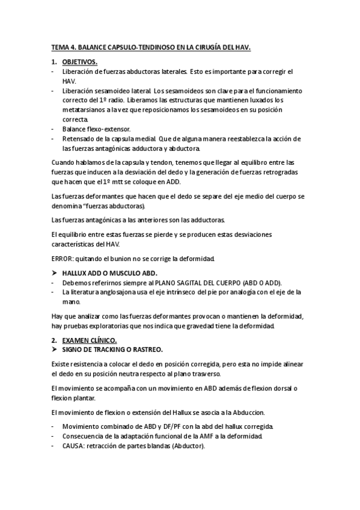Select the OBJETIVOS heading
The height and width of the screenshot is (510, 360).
(x=81, y=62)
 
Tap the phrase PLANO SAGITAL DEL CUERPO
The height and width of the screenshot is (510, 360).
(x=201, y=282)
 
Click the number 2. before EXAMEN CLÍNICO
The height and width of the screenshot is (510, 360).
(x=54, y=340)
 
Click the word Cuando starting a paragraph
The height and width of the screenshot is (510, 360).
(x=64, y=162)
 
